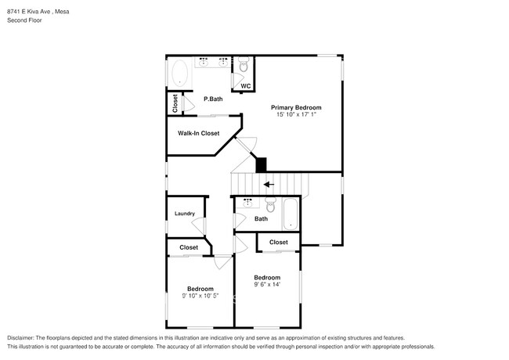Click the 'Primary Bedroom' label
click(x=296, y=107)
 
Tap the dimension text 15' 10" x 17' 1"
click(x=296, y=115)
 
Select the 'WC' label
click(x=245, y=86)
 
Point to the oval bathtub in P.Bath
click(x=179, y=74)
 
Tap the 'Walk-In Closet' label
click(x=198, y=133)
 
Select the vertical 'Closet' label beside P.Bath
click(x=175, y=103)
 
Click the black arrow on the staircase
click(x=269, y=185)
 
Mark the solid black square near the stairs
click(x=262, y=164)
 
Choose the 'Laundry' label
click(x=184, y=214)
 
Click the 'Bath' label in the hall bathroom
click(x=261, y=219)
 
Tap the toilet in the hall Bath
click(x=270, y=206)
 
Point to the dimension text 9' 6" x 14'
click(x=267, y=285)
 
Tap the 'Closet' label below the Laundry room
click(x=189, y=247)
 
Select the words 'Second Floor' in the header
click(x=24, y=20)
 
